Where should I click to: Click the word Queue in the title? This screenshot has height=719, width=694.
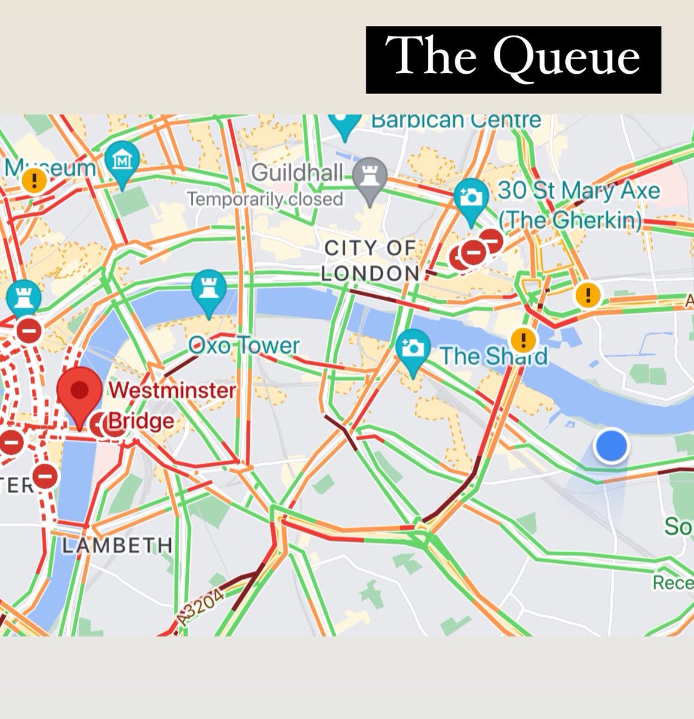(x=566, y=58)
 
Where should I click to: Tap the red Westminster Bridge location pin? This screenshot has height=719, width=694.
(x=80, y=392)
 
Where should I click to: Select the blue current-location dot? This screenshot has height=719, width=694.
(x=611, y=446)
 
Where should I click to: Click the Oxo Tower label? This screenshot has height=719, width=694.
(x=243, y=346)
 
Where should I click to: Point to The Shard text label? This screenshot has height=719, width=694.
(x=493, y=356)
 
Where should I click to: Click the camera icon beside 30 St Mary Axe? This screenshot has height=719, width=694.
(x=471, y=197)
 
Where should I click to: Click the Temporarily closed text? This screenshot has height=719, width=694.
(x=264, y=199)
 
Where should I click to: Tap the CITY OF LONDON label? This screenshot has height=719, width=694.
(x=370, y=261)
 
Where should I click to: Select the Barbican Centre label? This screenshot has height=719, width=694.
(x=455, y=120)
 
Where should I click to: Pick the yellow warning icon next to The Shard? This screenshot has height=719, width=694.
(x=525, y=340)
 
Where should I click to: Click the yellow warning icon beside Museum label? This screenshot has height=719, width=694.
(x=34, y=180)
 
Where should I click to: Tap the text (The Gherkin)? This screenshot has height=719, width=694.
(x=570, y=220)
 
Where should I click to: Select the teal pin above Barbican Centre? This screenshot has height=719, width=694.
(x=345, y=123)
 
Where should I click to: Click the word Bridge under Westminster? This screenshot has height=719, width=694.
(x=141, y=421)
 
